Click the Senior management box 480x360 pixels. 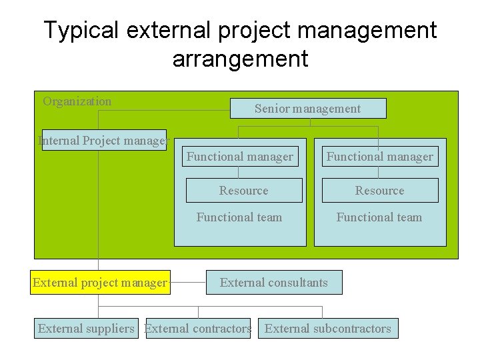(307, 109)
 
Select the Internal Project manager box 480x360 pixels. (104, 140)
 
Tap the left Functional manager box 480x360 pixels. (239, 157)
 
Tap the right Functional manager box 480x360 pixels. (379, 157)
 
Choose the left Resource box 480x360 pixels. (243, 191)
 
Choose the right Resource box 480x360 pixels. (379, 191)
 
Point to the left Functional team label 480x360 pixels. (239, 217)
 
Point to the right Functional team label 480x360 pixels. (379, 217)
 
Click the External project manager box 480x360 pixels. (100, 283)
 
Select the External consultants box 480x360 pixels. (274, 283)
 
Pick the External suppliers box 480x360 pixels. (86, 329)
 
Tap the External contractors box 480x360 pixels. (198, 329)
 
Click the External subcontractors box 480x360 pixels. (328, 329)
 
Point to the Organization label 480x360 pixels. (77, 101)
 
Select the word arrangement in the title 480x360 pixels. (240, 59)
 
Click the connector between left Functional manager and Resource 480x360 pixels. (239, 172)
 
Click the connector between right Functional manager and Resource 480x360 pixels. (379, 172)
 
